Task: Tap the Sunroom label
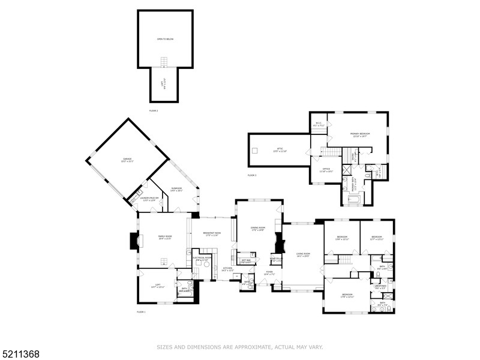[176, 190]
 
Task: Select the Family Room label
[165, 238]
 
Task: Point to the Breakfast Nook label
[212, 234]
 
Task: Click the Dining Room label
[258, 229]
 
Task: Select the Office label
[326, 170]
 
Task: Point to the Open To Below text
[165, 39]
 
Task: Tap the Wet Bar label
[246, 260]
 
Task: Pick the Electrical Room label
[202, 258]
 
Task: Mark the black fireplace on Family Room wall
[133, 241]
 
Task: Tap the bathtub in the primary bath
[353, 195]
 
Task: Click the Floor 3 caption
[252, 175]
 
